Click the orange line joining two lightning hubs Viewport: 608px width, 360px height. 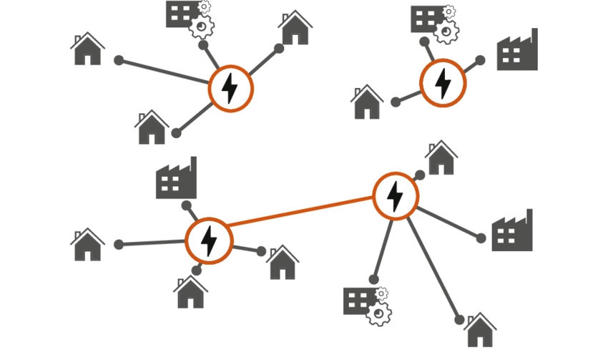(x=300, y=215)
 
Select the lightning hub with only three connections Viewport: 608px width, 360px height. (x=443, y=83)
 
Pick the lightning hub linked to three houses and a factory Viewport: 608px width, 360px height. (x=209, y=241)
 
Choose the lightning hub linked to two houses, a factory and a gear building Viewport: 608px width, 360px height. (x=395, y=195)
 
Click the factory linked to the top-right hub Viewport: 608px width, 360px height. (x=517, y=52)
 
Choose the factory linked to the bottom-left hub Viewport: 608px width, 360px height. (x=176, y=180)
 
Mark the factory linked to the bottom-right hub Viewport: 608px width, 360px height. (x=512, y=232)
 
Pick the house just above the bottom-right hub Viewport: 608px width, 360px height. (x=441, y=158)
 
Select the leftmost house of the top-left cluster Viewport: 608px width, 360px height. (x=88, y=49)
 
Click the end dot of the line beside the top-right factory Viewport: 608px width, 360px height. (x=481, y=60)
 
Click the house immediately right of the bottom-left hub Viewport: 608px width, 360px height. (x=283, y=263)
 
